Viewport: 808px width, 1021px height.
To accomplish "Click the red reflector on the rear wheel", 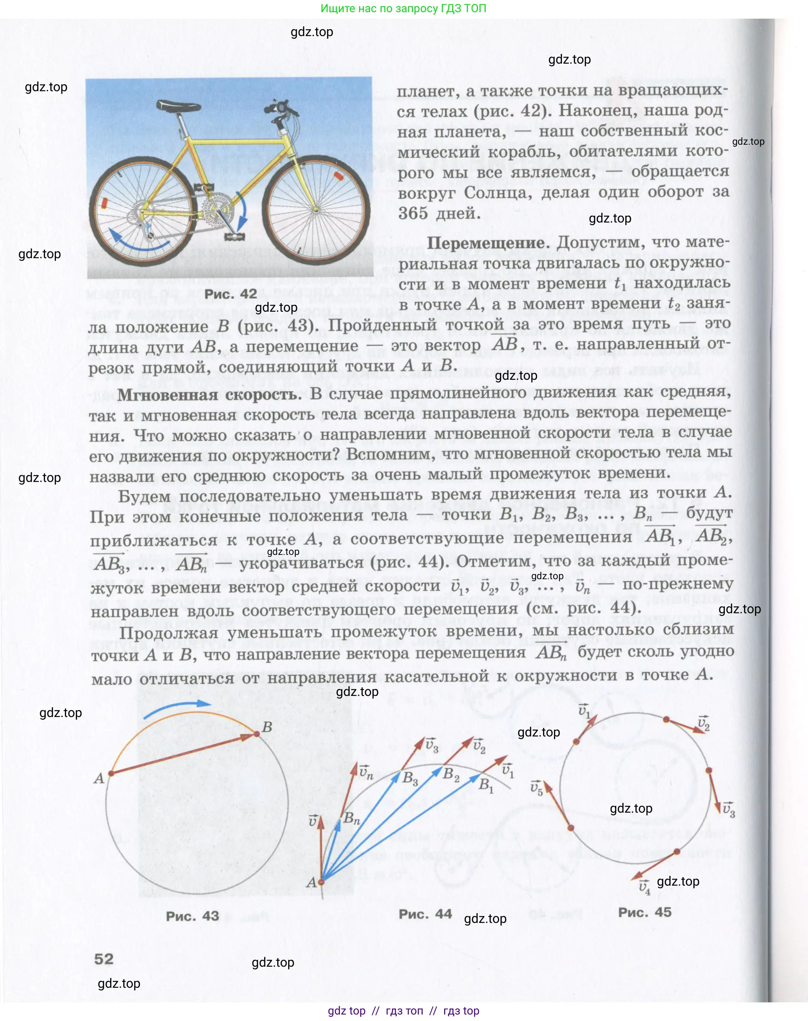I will pyautogui.click(x=104, y=203).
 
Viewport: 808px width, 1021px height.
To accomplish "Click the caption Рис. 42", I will pyautogui.click(x=231, y=294).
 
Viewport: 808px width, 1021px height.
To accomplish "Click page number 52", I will pyautogui.click(x=104, y=959).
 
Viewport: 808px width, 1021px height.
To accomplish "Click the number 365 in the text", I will pyautogui.click(x=413, y=214).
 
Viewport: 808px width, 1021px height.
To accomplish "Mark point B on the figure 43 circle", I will pyautogui.click(x=257, y=733).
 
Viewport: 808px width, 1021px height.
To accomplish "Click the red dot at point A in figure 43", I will pyautogui.click(x=111, y=774).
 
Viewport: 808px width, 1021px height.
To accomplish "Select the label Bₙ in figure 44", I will pyautogui.click(x=351, y=818).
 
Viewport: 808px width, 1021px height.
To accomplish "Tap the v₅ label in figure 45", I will pyautogui.click(x=537, y=788).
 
